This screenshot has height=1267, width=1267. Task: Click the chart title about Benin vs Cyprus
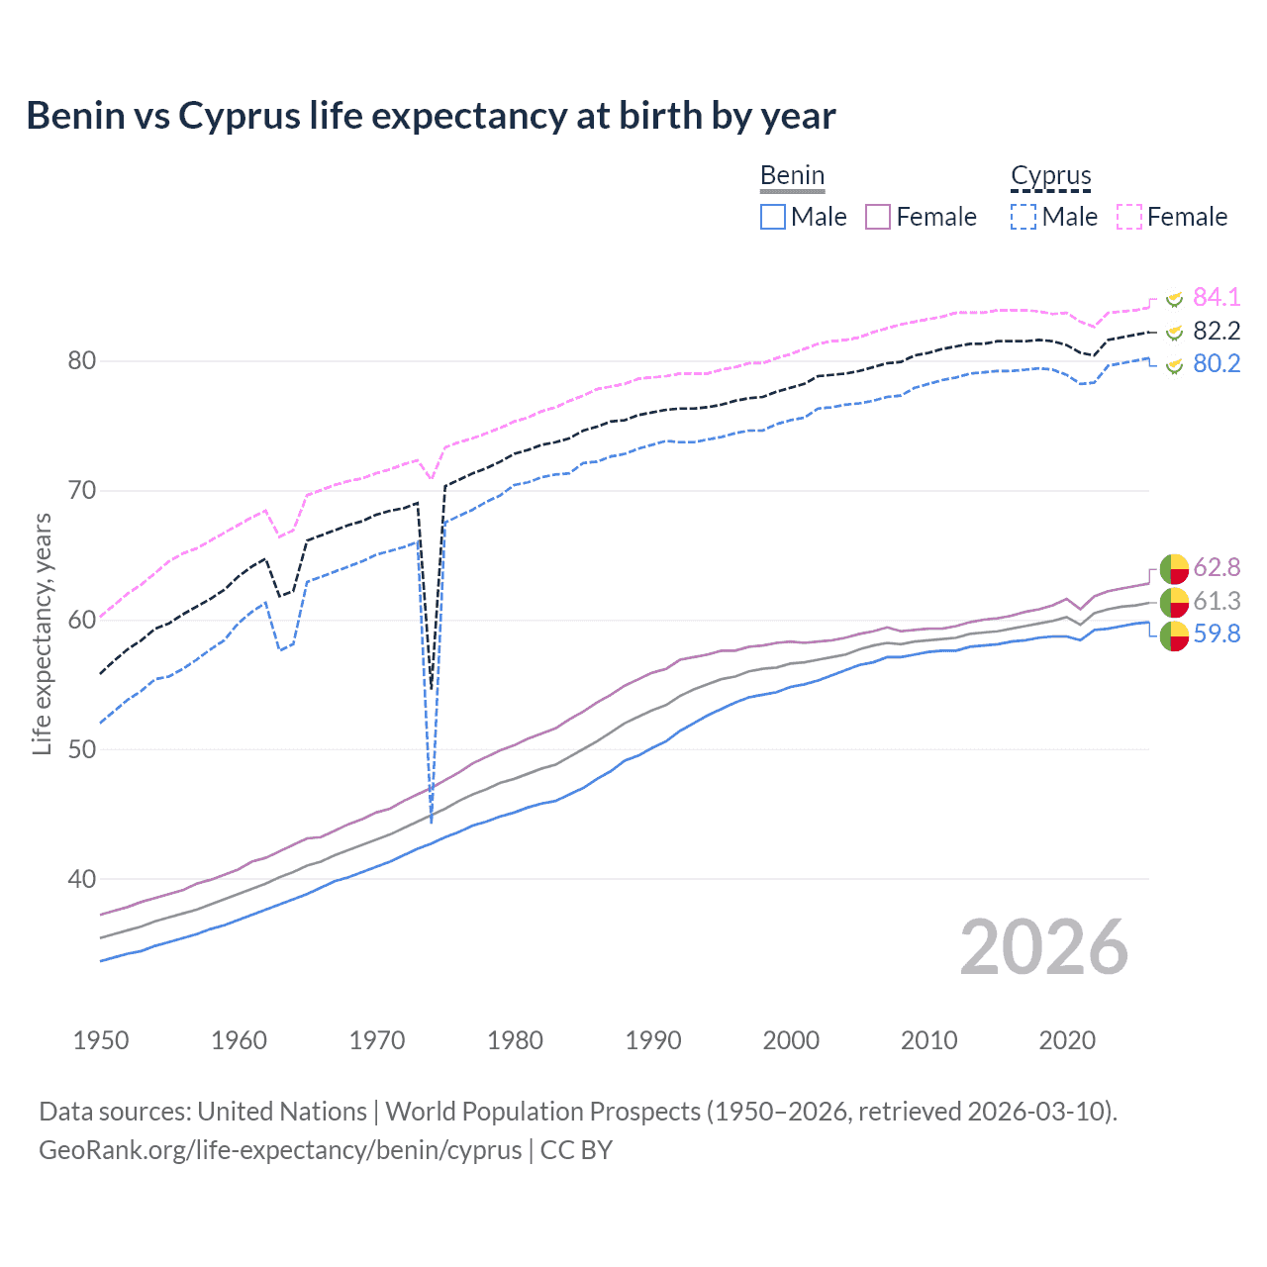[431, 116]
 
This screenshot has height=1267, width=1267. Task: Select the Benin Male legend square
[773, 217]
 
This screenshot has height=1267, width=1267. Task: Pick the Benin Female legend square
[878, 217]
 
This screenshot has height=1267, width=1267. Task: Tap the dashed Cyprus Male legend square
[1023, 217]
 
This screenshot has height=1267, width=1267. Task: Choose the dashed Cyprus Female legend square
[1129, 217]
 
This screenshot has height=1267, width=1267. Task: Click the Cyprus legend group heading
[1050, 176]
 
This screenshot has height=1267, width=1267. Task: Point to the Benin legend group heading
[792, 176]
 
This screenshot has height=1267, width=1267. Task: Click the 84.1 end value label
[1216, 297]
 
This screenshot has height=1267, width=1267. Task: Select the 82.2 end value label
[1216, 331]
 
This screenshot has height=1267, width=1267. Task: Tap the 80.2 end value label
[1216, 363]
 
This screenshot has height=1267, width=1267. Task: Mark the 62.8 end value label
[1216, 567]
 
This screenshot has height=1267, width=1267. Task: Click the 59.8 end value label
[1216, 633]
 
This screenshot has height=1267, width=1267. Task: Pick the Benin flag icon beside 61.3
[1174, 601]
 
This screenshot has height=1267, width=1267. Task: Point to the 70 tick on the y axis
[82, 491]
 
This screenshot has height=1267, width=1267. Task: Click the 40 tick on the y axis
[82, 879]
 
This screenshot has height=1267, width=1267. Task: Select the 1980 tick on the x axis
[515, 1040]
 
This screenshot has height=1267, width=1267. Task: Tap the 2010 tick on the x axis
[928, 1040]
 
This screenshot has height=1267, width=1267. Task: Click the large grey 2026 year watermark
[1043, 947]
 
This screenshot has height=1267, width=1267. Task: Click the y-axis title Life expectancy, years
[42, 633]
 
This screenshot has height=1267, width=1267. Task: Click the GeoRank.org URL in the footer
[280, 1150]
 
